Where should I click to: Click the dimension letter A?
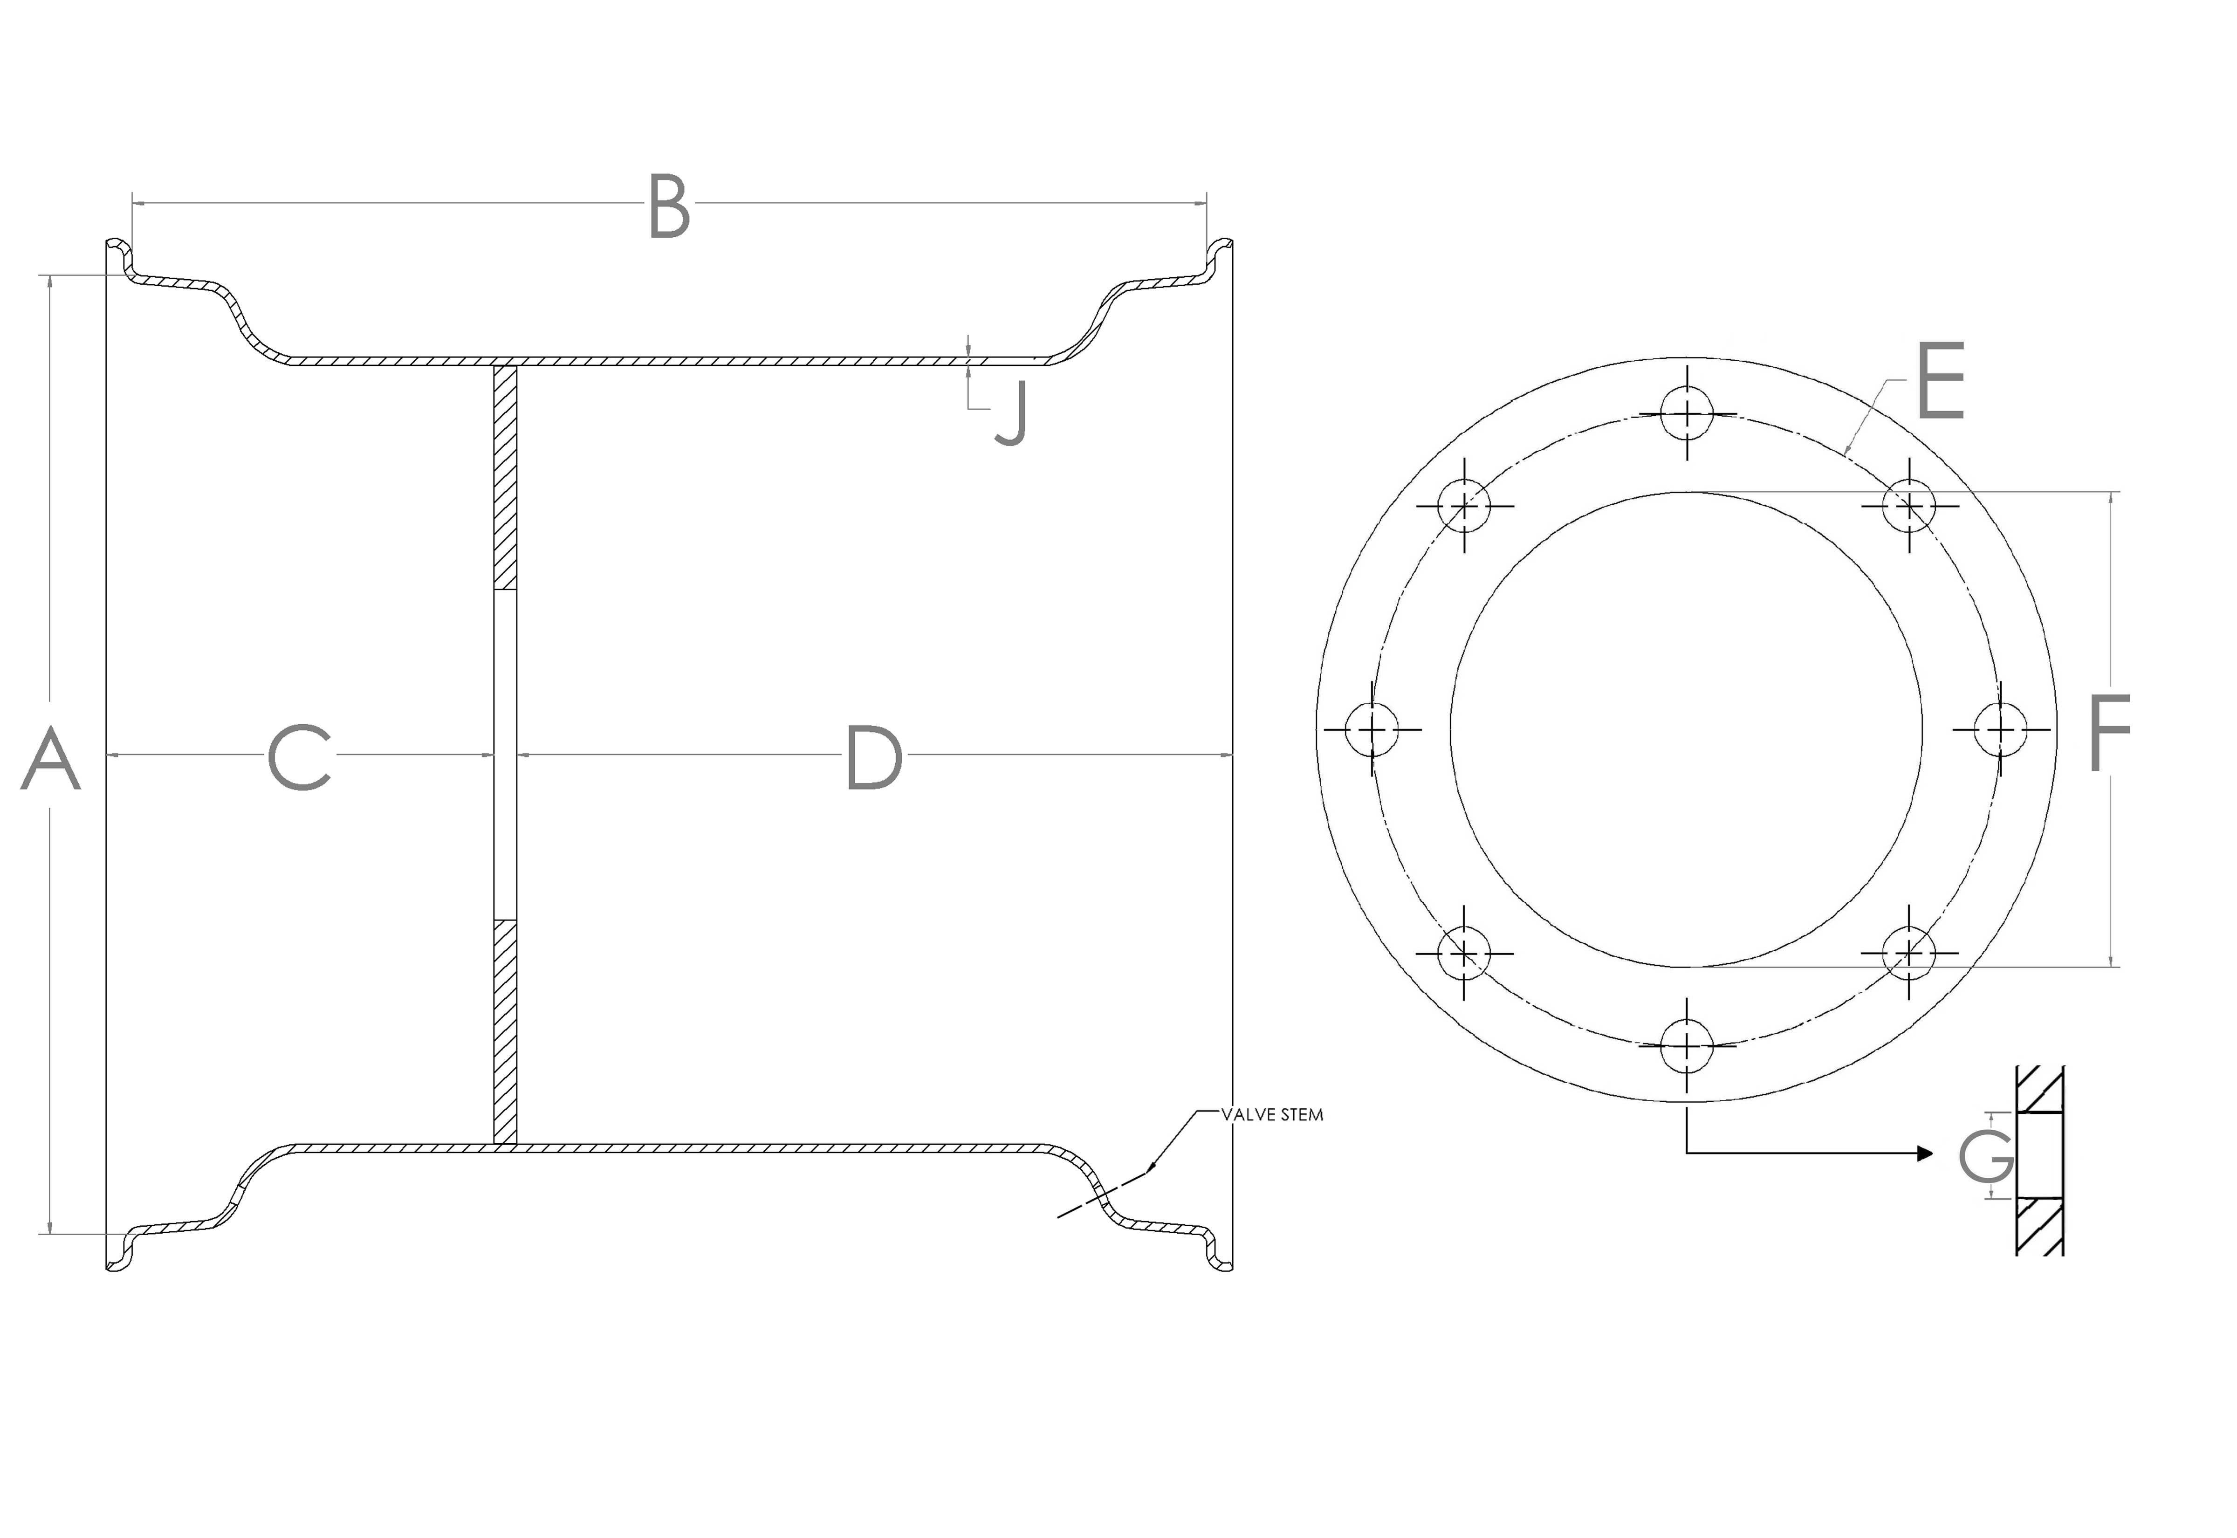click(50, 759)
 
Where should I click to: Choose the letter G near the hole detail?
click(1987, 1155)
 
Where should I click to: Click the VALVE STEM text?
click(1272, 1115)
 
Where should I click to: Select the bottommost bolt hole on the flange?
click(1687, 1045)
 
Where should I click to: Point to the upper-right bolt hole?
click(1908, 505)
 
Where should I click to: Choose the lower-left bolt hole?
click(1463, 953)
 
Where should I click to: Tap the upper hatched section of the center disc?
click(505, 477)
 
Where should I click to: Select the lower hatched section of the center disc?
click(505, 1031)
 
